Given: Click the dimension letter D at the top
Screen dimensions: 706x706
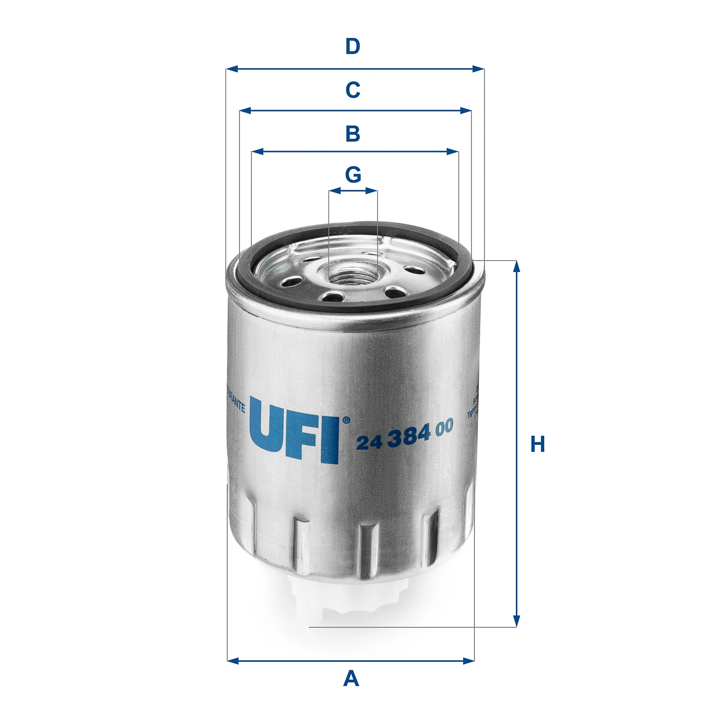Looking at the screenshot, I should click(353, 47).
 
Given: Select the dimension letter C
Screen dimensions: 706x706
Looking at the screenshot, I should click(353, 90).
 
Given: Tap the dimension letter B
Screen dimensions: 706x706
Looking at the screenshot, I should click(353, 134).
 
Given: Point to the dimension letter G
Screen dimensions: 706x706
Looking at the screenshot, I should click(353, 175).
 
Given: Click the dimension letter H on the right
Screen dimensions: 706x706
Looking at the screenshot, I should click(537, 444).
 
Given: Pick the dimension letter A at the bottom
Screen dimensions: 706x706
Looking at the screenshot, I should click(351, 679).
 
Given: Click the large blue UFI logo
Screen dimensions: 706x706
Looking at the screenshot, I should click(294, 429).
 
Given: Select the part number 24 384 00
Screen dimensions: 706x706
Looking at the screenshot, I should click(404, 434).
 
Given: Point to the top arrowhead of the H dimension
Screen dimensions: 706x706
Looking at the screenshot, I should click(516, 266).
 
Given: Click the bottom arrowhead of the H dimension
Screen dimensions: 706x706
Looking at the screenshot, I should click(516, 621).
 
